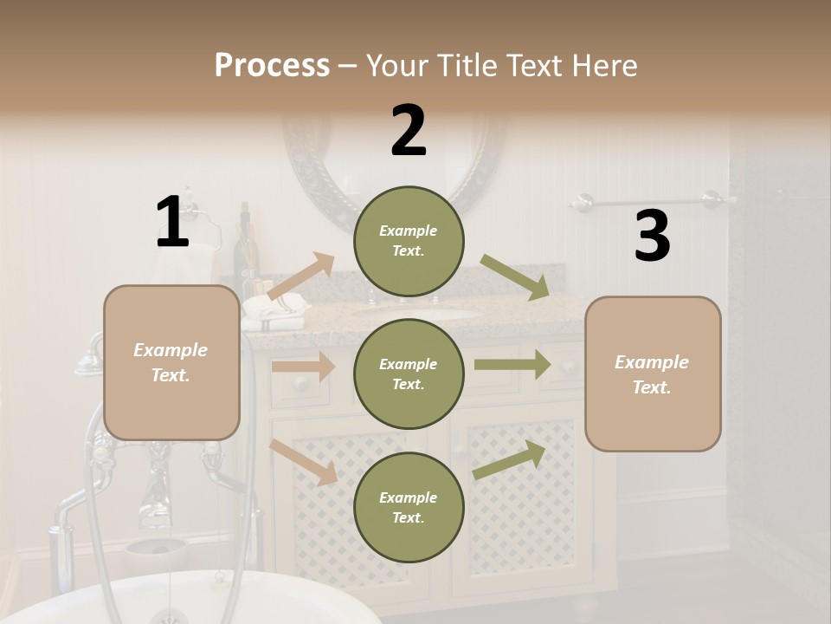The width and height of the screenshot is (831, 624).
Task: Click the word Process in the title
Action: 272,65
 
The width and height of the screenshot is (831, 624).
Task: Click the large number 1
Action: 172,222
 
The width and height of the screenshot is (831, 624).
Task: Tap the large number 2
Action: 409,130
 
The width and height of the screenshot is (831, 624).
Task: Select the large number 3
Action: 652,237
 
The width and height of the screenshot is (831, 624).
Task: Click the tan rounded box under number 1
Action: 171,362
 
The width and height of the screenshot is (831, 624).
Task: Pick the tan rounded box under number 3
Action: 653,374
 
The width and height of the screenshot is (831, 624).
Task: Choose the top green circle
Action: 409,241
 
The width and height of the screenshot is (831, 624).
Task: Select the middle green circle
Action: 409,374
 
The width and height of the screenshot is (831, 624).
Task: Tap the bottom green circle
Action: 409,507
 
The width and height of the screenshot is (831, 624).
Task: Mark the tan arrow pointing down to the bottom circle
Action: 304,461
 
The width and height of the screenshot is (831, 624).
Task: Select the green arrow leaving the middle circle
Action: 512,364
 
